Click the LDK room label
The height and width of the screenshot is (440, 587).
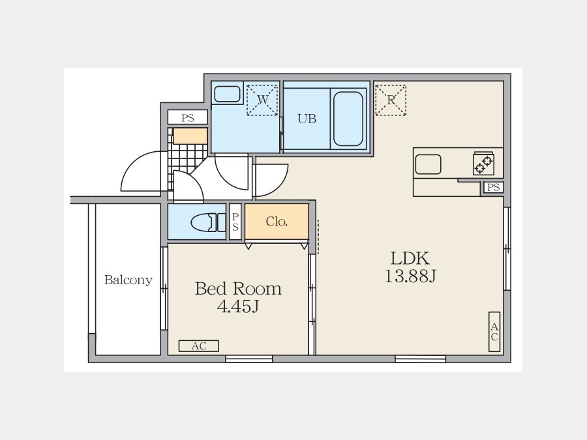pyautogui.click(x=410, y=258)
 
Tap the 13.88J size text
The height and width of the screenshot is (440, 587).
pyautogui.click(x=410, y=276)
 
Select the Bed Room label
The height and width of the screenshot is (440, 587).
pyautogui.click(x=238, y=289)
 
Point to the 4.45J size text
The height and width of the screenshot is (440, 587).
pyautogui.click(x=238, y=306)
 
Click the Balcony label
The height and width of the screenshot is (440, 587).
pyautogui.click(x=128, y=280)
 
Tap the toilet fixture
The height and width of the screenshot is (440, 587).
pyautogui.click(x=208, y=223)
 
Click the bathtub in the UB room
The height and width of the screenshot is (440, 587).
pyautogui.click(x=348, y=119)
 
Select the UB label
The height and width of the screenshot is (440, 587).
pyautogui.click(x=307, y=119)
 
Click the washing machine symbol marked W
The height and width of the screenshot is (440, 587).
pyautogui.click(x=262, y=100)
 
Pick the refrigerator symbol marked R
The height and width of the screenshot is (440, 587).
pyautogui.click(x=391, y=100)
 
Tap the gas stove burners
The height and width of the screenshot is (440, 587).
pyautogui.click(x=483, y=164)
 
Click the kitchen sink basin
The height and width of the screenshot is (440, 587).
pyautogui.click(x=429, y=164)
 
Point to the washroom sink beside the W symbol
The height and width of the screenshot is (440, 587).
pyautogui.click(x=227, y=93)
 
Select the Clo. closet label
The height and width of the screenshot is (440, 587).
pyautogui.click(x=277, y=222)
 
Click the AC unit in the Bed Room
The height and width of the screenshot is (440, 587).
pyautogui.click(x=199, y=346)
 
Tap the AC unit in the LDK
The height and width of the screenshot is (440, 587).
pyautogui.click(x=494, y=332)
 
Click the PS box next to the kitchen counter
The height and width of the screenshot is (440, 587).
pyautogui.click(x=494, y=187)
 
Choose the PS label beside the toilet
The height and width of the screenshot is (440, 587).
pyautogui.click(x=235, y=222)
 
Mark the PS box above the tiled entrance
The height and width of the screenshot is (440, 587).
pyautogui.click(x=188, y=117)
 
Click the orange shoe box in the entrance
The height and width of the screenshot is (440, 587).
pyautogui.click(x=190, y=136)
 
